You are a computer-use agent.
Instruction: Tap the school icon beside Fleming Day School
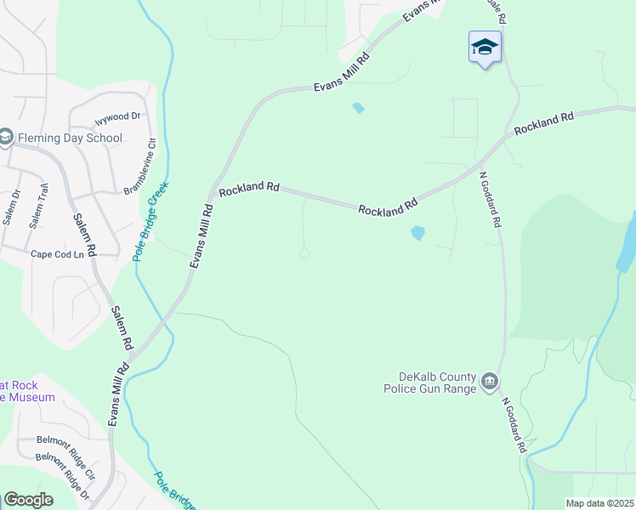pyautogui.click(x=6, y=138)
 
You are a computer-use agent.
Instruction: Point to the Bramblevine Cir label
pyautogui.click(x=140, y=167)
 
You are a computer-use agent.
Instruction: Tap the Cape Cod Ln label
pyautogui.click(x=58, y=254)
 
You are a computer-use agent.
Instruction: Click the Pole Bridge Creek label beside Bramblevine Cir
pyautogui.click(x=150, y=221)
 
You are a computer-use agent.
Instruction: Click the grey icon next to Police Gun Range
pyautogui.click(x=490, y=382)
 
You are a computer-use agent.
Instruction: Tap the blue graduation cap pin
pyautogui.click(x=485, y=47)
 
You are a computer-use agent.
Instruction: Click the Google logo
pyautogui.click(x=28, y=500)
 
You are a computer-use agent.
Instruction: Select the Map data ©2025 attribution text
pyautogui.click(x=599, y=503)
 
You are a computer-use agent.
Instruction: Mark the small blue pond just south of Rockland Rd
pyautogui.click(x=417, y=232)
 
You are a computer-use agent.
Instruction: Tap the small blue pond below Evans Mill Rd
pyautogui.click(x=358, y=108)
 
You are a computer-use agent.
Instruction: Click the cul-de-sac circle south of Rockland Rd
pyautogui.click(x=304, y=253)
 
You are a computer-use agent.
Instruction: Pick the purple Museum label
pyautogui.click(x=27, y=391)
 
